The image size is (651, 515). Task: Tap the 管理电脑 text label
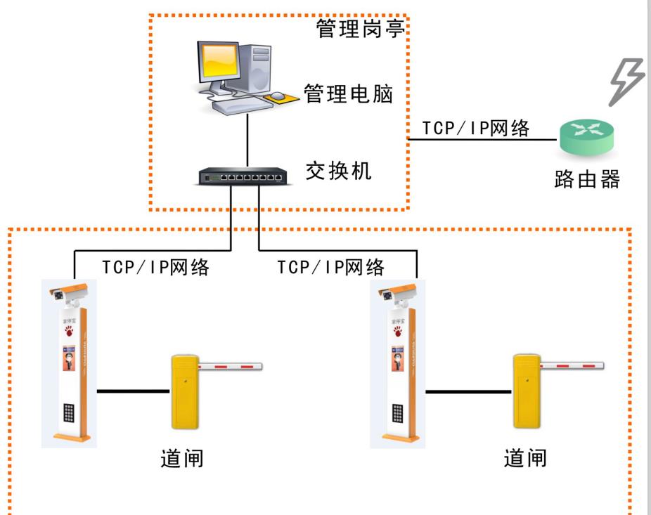[x=347, y=93]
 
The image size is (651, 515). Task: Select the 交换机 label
[x=338, y=170]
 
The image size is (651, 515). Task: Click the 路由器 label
[x=586, y=179]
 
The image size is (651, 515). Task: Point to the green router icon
[x=586, y=138]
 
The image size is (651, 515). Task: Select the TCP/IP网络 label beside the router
[x=475, y=129]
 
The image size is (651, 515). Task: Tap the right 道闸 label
[x=525, y=459]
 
